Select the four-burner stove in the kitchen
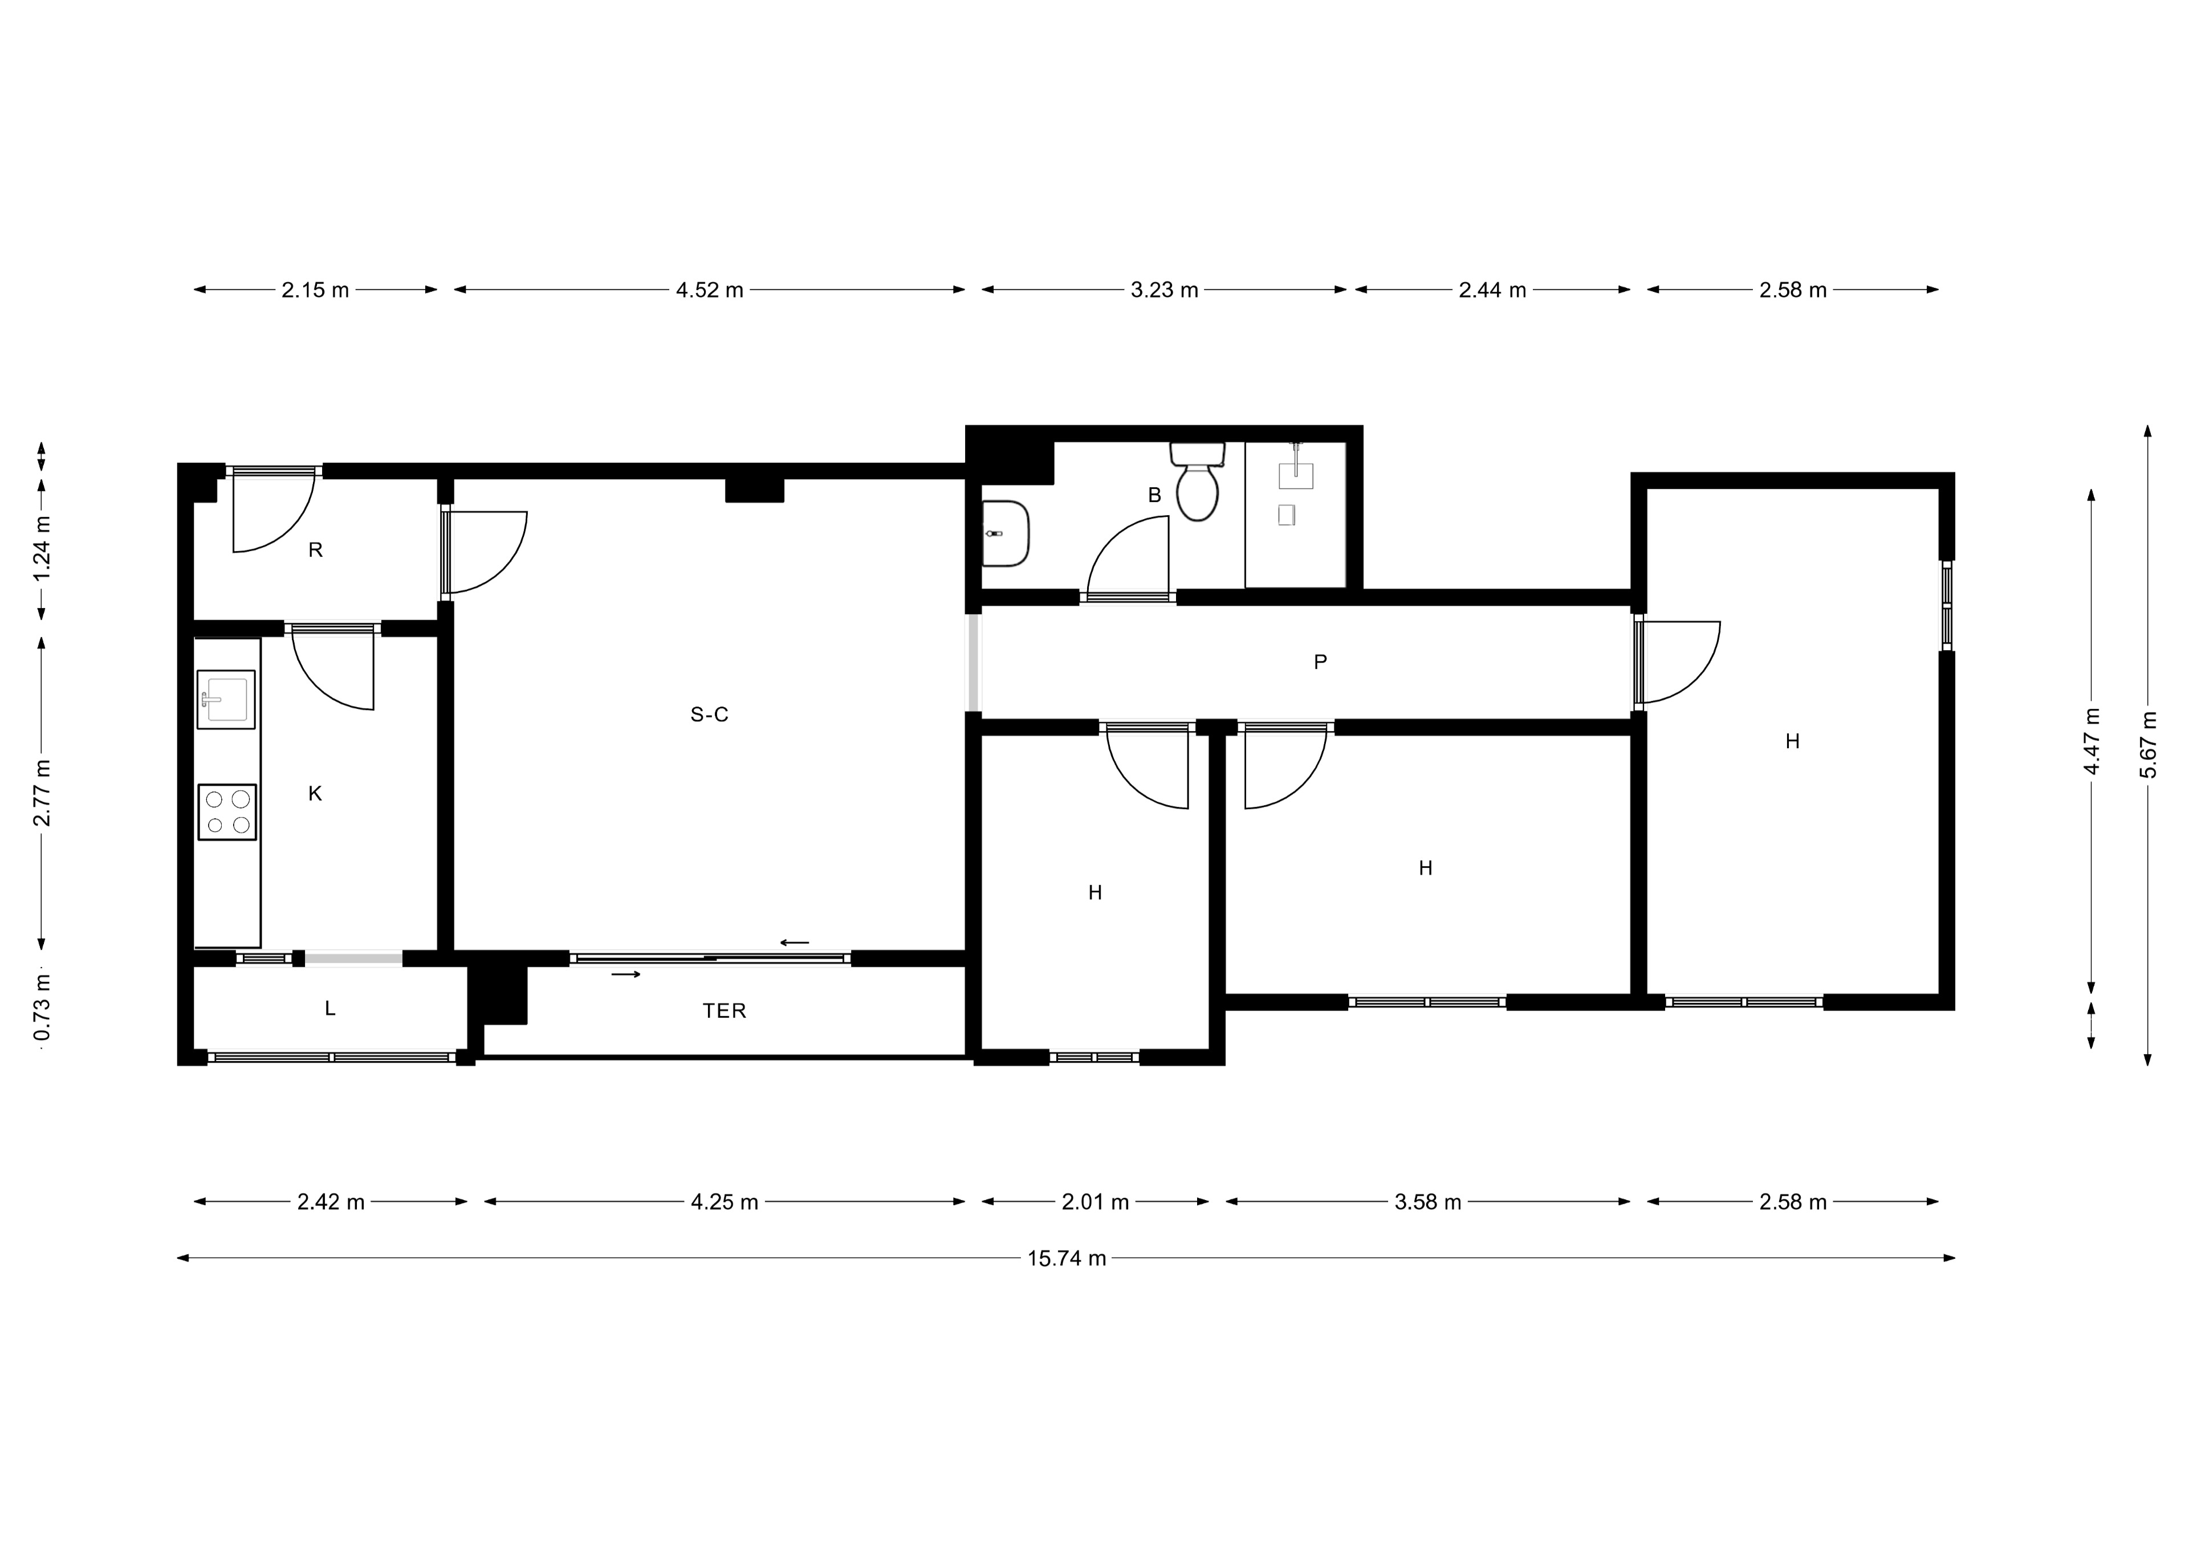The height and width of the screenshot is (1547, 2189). coord(227,812)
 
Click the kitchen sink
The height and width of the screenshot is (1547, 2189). coord(226,700)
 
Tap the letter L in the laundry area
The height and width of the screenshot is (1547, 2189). coord(330,1009)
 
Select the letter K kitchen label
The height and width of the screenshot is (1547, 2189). coord(316,794)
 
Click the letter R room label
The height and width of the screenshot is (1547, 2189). coord(316,550)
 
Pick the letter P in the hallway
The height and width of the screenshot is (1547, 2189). coord(1320,662)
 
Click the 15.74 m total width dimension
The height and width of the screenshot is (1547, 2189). coord(1066,1258)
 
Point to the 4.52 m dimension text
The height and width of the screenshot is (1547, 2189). coord(709,290)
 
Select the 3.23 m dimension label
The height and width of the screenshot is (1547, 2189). coord(1164,290)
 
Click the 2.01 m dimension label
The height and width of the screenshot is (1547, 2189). coord(1096,1202)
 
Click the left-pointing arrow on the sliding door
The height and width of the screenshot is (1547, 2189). coord(794,942)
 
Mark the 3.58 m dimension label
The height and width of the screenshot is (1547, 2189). coord(1427,1202)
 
